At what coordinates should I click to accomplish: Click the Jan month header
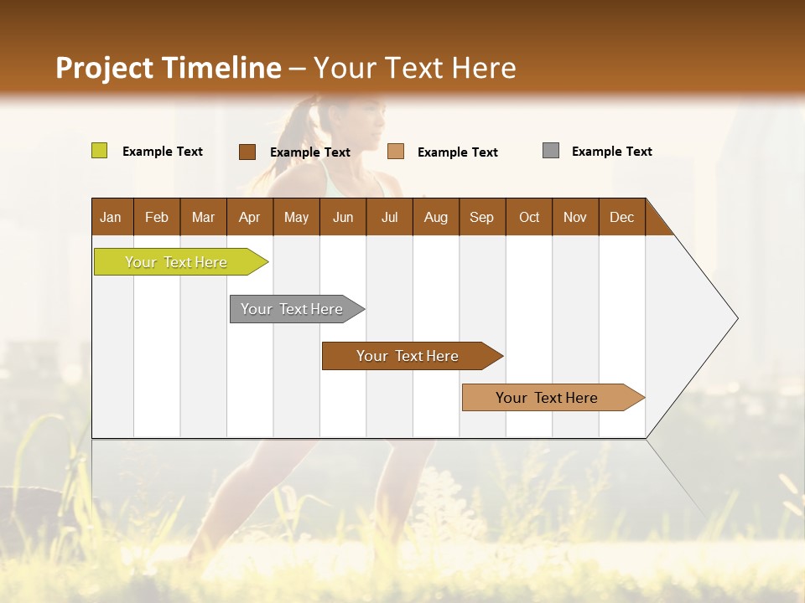point(111,217)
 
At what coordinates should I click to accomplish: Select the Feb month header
point(157,217)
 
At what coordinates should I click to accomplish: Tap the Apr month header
point(249,217)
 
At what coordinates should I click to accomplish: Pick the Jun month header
point(342,217)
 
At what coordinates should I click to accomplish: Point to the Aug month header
point(435,217)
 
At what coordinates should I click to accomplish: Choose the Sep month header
point(481,217)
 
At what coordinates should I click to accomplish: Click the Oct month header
point(528,217)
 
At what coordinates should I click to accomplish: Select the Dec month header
point(621,217)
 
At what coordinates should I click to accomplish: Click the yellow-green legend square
point(99,151)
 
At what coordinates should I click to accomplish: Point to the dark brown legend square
point(247,152)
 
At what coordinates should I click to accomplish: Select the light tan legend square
point(396,152)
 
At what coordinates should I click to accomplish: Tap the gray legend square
point(551,151)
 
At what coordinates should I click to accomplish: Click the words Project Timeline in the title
point(168,68)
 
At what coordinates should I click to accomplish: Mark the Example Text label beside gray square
point(611,152)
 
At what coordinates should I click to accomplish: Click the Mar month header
point(203,217)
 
